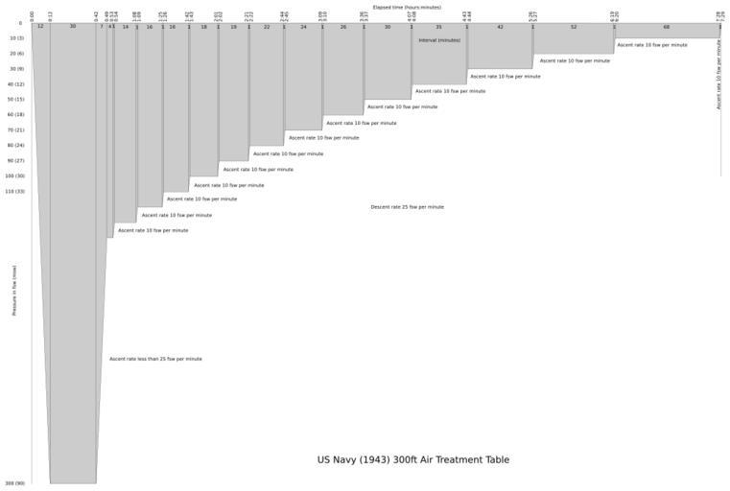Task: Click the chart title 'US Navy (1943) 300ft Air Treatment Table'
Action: pos(412,460)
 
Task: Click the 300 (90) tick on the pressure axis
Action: pos(14,483)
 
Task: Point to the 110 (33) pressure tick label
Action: pos(14,192)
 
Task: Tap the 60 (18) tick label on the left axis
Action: pos(14,115)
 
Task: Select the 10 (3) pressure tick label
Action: pos(16,38)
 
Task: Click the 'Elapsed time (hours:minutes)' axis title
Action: pos(407,7)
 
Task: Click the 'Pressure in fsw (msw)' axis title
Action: pos(14,291)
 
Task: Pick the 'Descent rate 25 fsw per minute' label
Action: pos(407,207)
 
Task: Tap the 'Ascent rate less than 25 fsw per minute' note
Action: pos(155,360)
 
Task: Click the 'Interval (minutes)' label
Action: pos(439,40)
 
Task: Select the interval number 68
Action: pos(667,27)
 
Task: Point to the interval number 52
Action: pos(574,27)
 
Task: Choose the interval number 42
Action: pos(500,27)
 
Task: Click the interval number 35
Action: pos(439,27)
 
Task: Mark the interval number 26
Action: pos(343,27)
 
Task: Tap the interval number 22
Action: pos(267,27)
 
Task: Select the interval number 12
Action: pos(40,27)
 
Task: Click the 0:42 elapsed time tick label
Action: pos(96,14)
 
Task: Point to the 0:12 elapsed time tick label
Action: pos(50,14)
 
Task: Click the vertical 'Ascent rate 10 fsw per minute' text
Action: pos(718,74)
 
